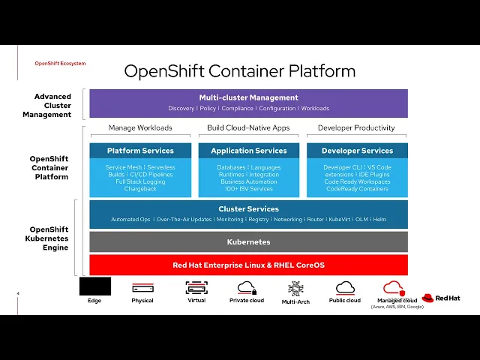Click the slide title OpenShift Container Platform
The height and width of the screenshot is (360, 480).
point(239,71)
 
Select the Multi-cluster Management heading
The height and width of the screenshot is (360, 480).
point(248,97)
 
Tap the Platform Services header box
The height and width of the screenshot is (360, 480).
point(140,151)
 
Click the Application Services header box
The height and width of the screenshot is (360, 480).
point(248,151)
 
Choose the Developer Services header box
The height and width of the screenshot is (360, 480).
point(357,151)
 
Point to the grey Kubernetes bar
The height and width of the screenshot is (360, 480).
point(248,242)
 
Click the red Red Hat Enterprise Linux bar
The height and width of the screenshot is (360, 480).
point(248,265)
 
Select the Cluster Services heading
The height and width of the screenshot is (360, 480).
point(248,209)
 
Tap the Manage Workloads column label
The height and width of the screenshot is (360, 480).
point(140,128)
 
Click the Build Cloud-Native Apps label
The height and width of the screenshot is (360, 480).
point(248,128)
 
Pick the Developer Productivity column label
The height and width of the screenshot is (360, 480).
point(357,128)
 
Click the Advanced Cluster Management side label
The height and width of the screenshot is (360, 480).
point(52,106)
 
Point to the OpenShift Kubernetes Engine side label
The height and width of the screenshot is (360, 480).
point(49,238)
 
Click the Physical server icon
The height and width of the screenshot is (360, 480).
point(142,288)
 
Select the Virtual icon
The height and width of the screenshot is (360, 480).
point(196,287)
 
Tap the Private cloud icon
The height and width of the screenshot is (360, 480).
point(247,287)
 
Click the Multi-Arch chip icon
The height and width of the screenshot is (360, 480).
point(296,288)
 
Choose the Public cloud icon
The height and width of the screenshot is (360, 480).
point(345,287)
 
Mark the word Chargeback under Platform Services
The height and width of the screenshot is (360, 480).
point(140,189)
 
